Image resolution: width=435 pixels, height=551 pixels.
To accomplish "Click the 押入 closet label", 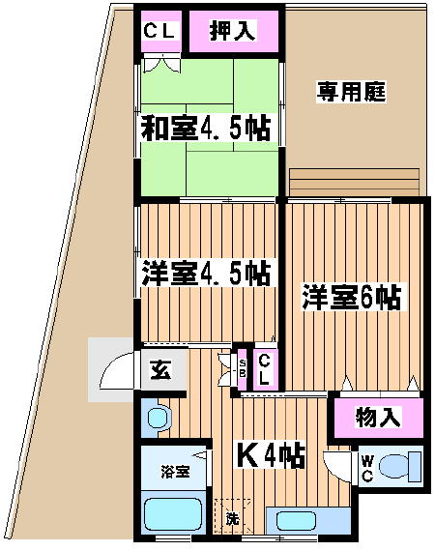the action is pos(232,30).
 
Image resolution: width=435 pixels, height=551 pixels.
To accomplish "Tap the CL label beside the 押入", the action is pos(159,31).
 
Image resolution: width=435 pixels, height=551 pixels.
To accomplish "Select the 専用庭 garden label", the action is pos(351,92).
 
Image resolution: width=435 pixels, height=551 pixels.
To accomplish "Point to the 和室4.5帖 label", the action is pos(206,128).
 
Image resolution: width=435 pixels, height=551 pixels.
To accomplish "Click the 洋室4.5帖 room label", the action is pos(206,274).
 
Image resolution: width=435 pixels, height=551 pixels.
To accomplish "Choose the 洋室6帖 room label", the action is pos(351,297).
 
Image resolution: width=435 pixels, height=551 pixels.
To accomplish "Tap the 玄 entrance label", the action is pos(160,369).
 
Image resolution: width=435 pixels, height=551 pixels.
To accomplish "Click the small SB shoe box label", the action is pos(242,368).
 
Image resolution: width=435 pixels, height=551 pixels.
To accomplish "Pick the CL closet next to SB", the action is pos(264,369).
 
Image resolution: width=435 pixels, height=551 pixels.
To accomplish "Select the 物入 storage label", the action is pos(378,417).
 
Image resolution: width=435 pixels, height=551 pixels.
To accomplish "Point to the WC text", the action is pos(367,468).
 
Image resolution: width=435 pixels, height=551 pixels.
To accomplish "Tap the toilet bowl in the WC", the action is pos(395,466).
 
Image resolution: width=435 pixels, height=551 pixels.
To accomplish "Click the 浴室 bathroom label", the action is pos(175,471).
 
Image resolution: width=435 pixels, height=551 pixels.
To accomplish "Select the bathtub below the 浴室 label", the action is pos(173,514).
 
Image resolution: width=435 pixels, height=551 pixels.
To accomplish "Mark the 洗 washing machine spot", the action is pos(232,518).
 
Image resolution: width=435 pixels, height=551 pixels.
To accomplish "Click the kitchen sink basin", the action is pos(296,521).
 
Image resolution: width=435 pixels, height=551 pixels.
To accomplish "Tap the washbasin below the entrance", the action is pos(159,418).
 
